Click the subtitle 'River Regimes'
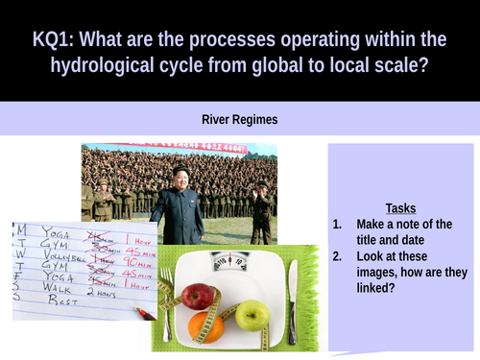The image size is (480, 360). (x=240, y=120)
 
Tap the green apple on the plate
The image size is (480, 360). (x=252, y=314)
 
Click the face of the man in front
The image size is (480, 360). (x=180, y=177)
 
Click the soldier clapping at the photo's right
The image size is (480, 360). (x=260, y=202)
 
